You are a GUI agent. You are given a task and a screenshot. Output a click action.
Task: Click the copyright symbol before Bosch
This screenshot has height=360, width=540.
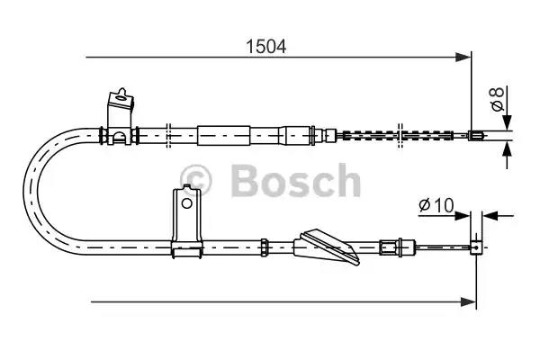(197, 181)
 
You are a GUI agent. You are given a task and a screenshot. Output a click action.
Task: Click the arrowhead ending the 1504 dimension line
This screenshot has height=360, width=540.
(465, 58)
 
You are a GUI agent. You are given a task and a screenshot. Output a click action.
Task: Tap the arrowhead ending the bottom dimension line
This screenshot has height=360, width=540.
(470, 300)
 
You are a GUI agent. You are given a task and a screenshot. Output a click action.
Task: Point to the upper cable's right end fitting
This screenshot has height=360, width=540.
(477, 137)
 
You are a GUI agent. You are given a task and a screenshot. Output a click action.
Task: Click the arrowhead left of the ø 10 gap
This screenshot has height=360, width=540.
(464, 215)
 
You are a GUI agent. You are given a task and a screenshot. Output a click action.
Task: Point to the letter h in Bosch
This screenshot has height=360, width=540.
(345, 181)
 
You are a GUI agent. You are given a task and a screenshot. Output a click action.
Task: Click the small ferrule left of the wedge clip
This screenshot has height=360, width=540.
(265, 244)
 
